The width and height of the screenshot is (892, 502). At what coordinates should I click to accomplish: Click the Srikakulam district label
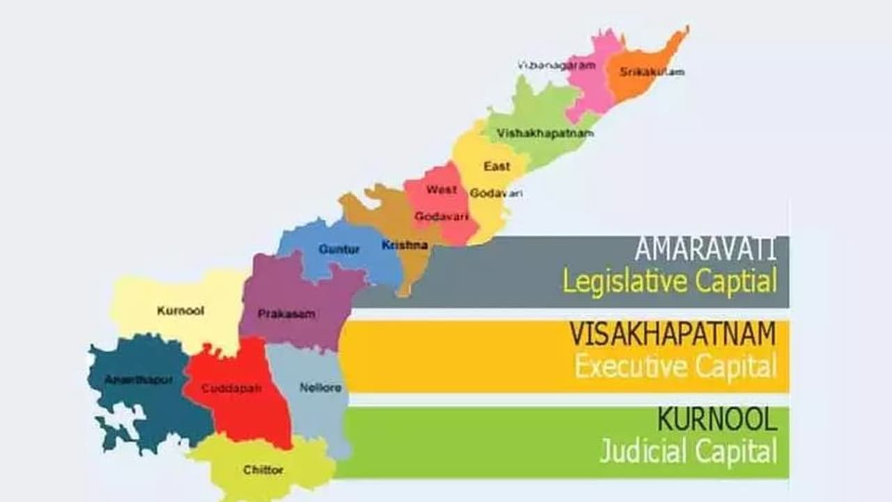[652, 71]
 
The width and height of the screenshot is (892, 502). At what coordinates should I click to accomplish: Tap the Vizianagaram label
[556, 66]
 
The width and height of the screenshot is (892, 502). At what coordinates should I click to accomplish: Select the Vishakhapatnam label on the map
[544, 132]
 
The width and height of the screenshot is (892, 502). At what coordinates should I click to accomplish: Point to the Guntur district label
[339, 249]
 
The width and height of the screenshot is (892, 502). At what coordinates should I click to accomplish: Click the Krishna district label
[405, 245]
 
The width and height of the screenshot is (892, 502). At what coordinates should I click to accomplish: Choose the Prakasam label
[286, 314]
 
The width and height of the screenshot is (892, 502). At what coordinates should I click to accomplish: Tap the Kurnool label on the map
[180, 311]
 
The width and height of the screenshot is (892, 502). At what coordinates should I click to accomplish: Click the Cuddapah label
[231, 388]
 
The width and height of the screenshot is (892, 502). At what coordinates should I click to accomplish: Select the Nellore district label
[321, 388]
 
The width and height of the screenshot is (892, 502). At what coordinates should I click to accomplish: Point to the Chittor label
[263, 470]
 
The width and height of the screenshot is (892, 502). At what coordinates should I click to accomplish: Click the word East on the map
[497, 167]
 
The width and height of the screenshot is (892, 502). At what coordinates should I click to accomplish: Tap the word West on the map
[442, 190]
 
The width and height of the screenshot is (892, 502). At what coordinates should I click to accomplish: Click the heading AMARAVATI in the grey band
[705, 250]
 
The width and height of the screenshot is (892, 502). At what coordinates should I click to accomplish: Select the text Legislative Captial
[669, 282]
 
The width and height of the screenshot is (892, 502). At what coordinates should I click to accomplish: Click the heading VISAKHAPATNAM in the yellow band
[672, 335]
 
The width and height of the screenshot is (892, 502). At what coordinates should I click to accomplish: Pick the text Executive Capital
[675, 367]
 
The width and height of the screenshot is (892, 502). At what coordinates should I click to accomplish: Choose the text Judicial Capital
[688, 452]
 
